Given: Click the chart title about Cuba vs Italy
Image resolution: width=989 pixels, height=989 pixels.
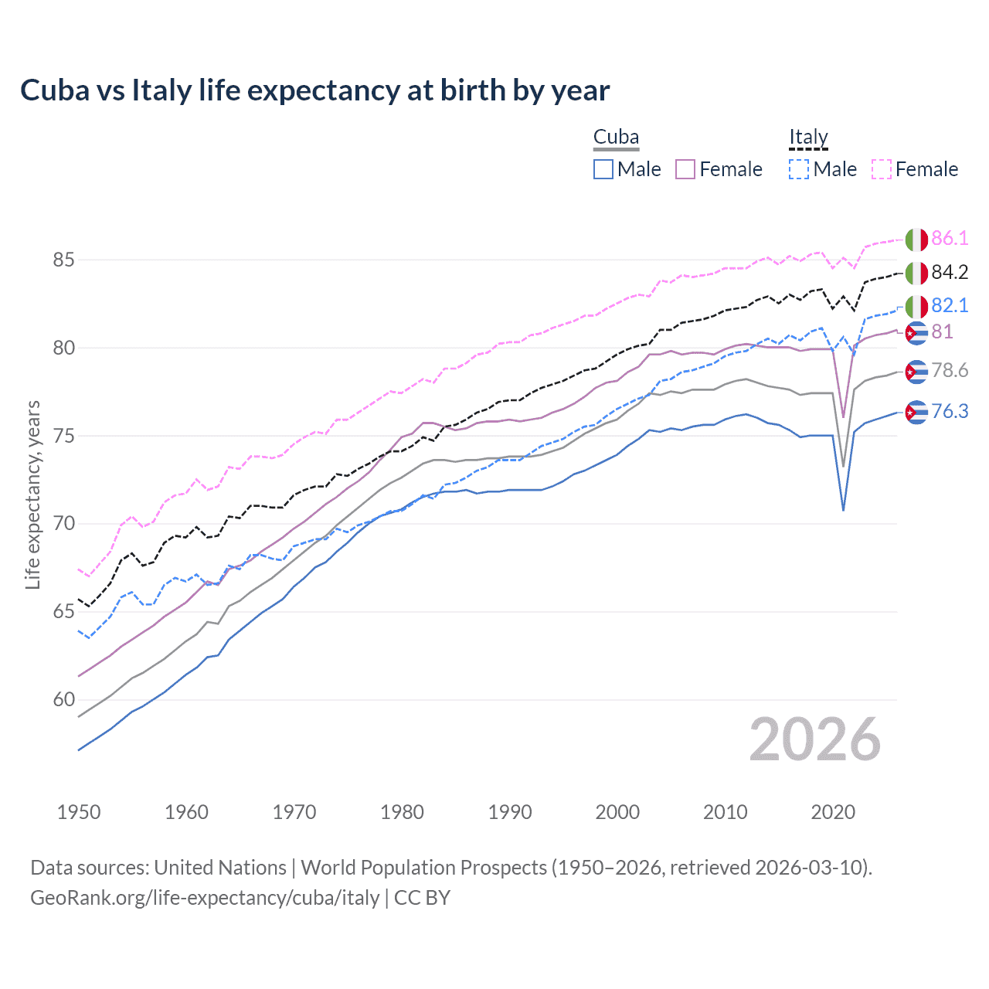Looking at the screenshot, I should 314,90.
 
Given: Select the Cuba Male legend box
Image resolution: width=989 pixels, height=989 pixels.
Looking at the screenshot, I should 603,169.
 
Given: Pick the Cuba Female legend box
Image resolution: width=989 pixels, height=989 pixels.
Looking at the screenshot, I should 685,169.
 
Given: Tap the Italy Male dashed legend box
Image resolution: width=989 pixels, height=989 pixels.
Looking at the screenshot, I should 799,169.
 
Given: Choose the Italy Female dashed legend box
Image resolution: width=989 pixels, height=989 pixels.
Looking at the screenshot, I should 882,169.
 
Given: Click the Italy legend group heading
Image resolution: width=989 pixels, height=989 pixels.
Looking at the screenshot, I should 808,138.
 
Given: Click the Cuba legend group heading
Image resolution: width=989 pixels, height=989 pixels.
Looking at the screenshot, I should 616,138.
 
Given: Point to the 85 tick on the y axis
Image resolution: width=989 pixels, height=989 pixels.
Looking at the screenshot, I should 63,260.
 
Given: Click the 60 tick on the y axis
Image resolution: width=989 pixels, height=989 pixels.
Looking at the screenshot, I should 63,700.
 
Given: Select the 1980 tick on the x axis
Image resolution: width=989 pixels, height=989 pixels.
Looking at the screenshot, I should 402,812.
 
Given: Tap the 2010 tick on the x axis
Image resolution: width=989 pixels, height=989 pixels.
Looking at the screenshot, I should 725,812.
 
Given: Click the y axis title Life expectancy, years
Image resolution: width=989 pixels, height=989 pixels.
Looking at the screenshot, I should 32,494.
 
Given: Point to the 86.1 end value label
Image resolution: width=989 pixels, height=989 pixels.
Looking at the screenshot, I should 950,238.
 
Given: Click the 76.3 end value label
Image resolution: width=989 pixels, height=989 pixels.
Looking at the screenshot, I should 950,411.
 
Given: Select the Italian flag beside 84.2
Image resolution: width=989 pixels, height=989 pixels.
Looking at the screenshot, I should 916,273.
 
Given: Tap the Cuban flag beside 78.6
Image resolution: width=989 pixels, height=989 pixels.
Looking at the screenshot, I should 916,372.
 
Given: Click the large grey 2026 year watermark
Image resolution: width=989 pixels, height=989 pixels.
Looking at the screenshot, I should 814,739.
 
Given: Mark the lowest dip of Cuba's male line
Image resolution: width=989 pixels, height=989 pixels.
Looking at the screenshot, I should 843,510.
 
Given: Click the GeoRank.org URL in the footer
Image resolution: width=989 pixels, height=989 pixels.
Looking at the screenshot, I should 205,898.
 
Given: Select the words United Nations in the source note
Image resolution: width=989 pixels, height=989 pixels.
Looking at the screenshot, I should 220,868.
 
